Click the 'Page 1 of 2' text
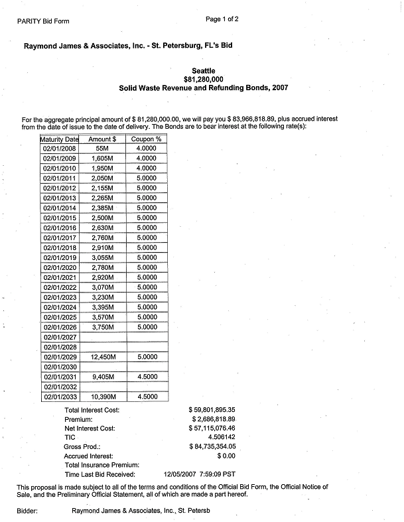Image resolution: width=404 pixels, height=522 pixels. (x=222, y=19)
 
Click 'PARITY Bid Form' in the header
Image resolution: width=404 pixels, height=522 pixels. (x=44, y=21)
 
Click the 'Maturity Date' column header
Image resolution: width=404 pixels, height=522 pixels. (x=60, y=139)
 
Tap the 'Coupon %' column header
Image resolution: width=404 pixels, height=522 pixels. (x=147, y=139)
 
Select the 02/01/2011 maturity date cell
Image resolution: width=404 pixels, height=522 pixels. (x=60, y=179)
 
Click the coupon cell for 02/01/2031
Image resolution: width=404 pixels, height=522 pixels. (x=147, y=377)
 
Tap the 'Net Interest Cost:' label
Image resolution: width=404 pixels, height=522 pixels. (x=90, y=428)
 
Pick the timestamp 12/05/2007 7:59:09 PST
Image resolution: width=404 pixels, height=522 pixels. (x=199, y=474)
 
